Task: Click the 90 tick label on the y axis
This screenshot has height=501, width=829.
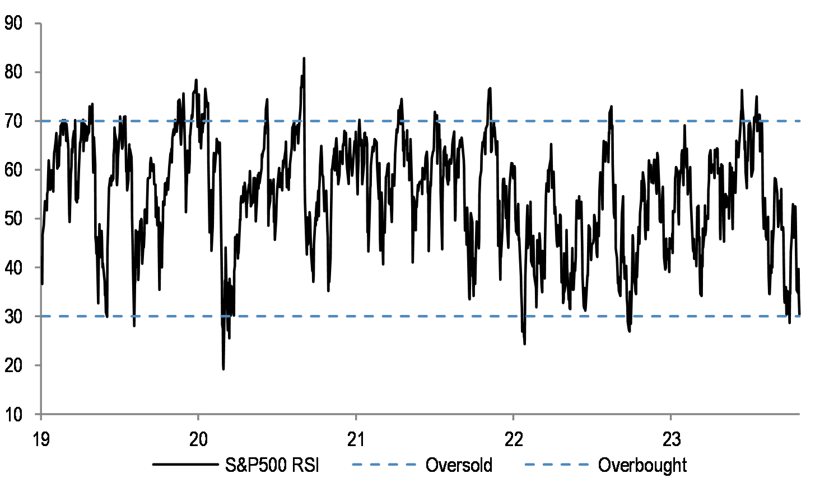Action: click(x=13, y=24)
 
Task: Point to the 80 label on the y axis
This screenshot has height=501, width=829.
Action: click(x=13, y=72)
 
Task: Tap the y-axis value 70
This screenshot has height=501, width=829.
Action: click(x=13, y=121)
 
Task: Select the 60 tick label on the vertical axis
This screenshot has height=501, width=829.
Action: click(x=13, y=170)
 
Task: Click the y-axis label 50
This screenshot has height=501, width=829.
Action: click(x=13, y=219)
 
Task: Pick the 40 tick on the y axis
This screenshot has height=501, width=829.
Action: click(x=13, y=267)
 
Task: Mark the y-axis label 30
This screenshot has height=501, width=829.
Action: click(x=13, y=316)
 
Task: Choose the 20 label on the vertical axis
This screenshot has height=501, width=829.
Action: click(x=13, y=365)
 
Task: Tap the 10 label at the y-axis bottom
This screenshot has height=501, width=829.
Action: click(x=13, y=415)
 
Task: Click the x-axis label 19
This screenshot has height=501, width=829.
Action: click(x=41, y=439)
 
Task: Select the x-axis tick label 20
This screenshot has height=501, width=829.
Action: click(x=198, y=439)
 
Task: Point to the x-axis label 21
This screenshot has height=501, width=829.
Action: click(x=356, y=439)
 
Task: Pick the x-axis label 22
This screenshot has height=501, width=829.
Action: click(x=514, y=439)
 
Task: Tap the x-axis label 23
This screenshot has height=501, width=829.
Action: click(x=671, y=439)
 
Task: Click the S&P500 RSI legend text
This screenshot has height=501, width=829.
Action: click(x=272, y=465)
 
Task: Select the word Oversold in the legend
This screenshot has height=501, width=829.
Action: click(x=459, y=465)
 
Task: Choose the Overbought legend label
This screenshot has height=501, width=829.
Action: click(x=642, y=465)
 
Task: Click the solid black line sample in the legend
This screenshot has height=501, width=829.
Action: click(x=185, y=465)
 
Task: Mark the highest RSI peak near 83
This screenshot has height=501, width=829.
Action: click(x=304, y=58)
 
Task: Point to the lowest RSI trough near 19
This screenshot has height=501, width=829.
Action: click(x=223, y=368)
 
